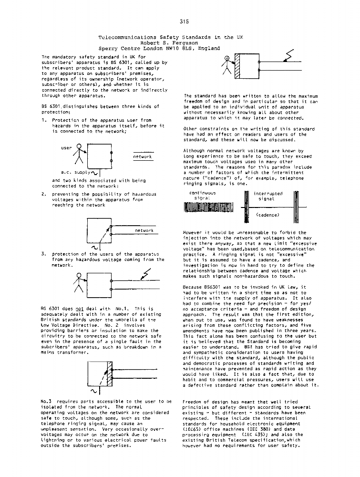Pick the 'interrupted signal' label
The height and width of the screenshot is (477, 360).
(267, 196)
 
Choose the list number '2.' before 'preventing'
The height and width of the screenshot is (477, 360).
(44, 194)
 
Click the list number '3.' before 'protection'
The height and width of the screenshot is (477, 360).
(44, 254)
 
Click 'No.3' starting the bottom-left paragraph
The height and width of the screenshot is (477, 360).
(48, 402)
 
